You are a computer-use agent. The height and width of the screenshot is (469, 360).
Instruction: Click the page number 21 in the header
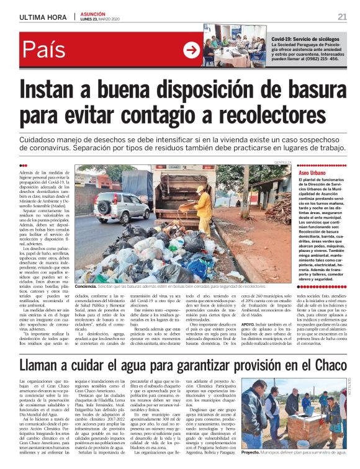(x=342, y=16)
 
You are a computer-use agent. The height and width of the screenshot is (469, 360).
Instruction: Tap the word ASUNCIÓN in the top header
(x=93, y=14)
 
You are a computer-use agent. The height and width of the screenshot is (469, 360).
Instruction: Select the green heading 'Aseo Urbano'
(x=295, y=168)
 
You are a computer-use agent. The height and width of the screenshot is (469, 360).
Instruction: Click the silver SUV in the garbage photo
(x=121, y=204)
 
